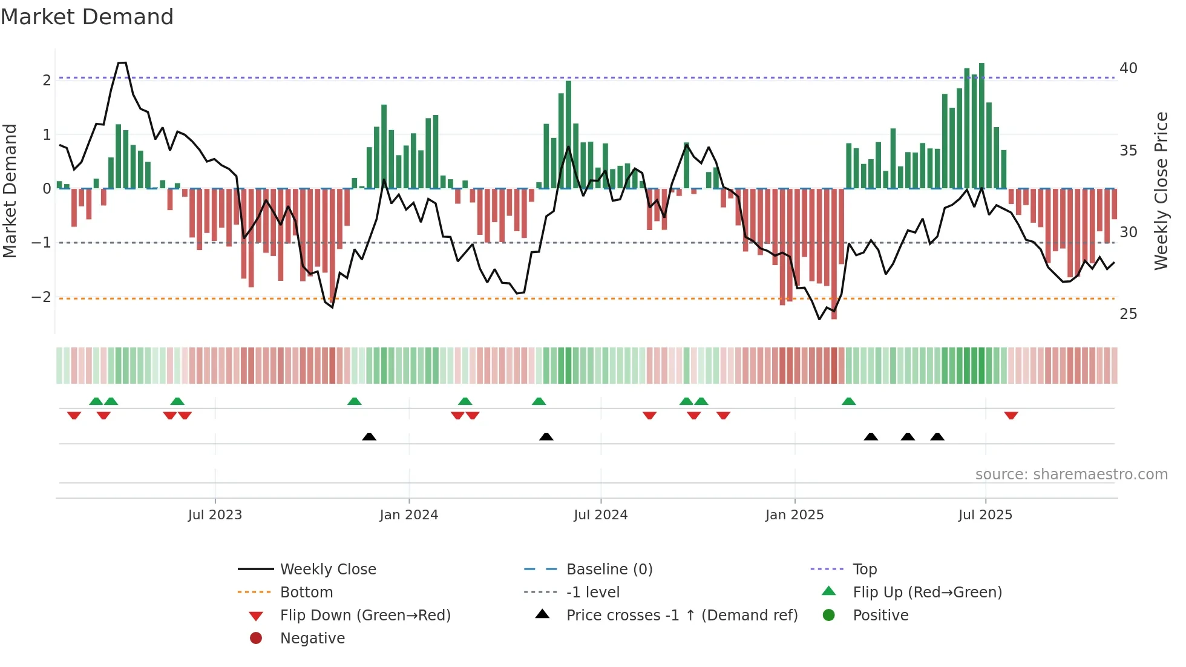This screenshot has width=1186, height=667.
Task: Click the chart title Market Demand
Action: coord(87,17)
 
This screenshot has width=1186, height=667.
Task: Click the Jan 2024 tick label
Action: coord(408,515)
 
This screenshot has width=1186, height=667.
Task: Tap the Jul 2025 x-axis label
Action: coord(985,515)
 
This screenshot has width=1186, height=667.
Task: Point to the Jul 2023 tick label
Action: coord(215,515)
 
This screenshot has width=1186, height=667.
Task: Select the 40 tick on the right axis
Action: coord(1128,68)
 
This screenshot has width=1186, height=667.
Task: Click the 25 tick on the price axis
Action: coord(1128,314)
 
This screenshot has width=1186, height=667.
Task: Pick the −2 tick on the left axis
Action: coord(41,297)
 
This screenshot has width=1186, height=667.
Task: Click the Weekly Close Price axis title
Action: coord(1161,191)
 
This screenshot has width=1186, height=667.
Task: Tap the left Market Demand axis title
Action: coord(10,191)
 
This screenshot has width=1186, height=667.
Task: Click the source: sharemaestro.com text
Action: coord(1071,475)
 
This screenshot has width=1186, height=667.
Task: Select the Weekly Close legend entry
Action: coord(327,570)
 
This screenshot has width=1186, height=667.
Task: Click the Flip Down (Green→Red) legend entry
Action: coord(365,616)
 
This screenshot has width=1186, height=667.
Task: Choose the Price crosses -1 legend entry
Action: coord(681,616)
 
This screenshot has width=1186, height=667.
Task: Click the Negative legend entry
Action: coord(312,639)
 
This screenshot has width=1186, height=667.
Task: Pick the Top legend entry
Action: coord(864,570)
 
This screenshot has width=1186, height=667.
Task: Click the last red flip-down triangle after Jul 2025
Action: coord(1011,416)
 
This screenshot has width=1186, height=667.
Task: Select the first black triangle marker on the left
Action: coord(369,436)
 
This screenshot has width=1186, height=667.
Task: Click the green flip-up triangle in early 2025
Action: coord(848,401)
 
